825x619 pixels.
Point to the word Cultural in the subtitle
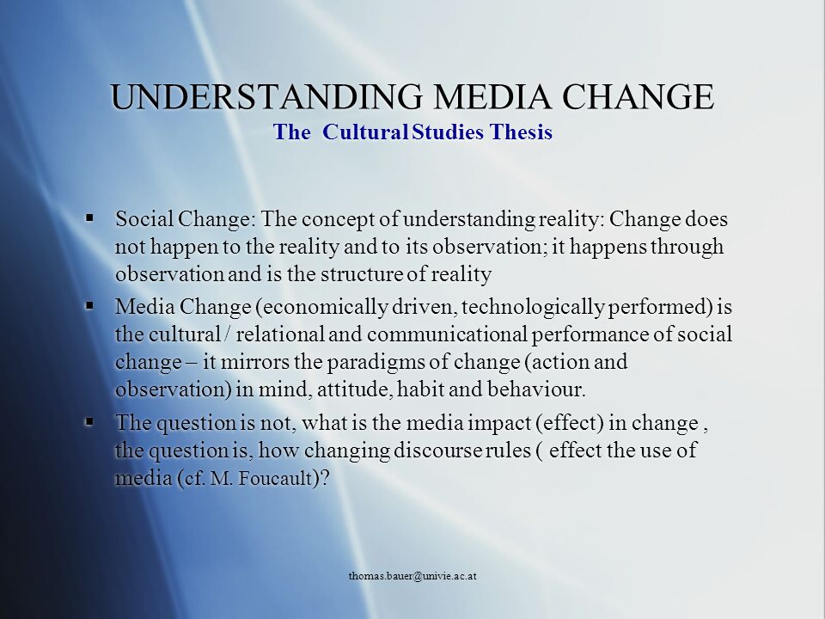click(366, 132)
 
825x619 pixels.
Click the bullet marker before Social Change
click(89, 217)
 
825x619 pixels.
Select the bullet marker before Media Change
click(89, 304)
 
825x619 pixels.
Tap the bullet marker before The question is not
click(89, 420)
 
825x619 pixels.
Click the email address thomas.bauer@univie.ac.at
click(412, 576)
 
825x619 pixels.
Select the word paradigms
click(377, 363)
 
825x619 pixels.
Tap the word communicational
click(447, 334)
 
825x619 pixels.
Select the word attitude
click(355, 390)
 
